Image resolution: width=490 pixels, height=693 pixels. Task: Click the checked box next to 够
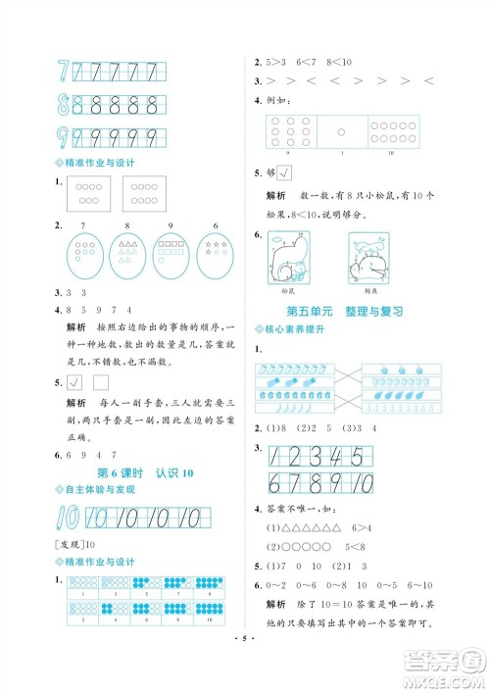pyautogui.click(x=285, y=173)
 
